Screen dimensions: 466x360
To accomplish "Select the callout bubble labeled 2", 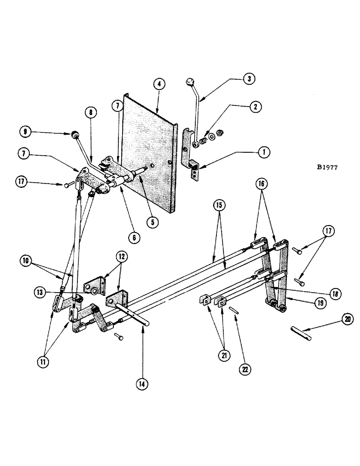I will point(254,107).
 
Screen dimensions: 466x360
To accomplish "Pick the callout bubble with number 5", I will point(151,222).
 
